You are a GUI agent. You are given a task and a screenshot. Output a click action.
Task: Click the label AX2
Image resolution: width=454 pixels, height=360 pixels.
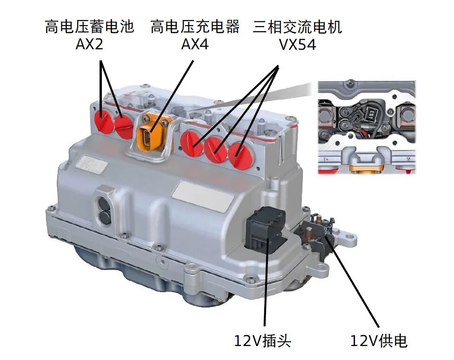coord(89,45)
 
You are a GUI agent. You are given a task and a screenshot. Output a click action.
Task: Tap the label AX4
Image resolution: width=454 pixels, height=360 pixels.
coord(194,45)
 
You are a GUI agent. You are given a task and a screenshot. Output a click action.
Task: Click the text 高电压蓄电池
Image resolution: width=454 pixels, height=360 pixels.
coord(89,27)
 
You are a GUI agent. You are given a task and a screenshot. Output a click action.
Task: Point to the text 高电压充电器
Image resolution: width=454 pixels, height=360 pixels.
coord(194,27)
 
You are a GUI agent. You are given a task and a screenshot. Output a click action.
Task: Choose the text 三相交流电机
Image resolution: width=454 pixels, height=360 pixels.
coord(297,27)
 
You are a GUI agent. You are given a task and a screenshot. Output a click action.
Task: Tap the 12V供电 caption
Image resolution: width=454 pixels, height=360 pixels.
coord(379,340)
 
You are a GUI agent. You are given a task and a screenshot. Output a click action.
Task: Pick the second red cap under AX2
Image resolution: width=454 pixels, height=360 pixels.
coord(125,126)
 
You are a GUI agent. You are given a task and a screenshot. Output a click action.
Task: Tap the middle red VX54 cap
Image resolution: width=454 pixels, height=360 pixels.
coord(215,149)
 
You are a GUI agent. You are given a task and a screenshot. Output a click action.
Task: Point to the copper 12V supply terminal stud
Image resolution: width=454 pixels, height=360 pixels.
coord(308,233)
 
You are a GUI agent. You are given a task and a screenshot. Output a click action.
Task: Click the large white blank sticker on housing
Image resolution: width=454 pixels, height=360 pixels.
coord(203,194)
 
